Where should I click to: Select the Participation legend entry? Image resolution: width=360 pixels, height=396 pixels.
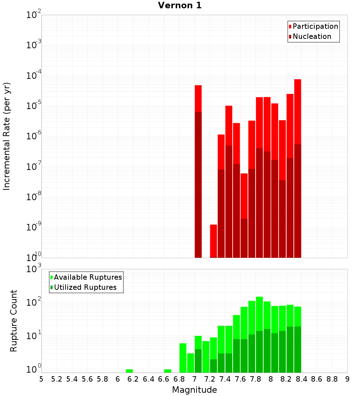(x=315, y=26)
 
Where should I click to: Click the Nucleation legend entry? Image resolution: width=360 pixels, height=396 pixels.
(x=312, y=36)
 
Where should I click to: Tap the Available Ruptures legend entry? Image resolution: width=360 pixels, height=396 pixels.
(x=88, y=277)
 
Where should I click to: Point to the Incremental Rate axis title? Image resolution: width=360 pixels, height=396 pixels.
(x=6, y=136)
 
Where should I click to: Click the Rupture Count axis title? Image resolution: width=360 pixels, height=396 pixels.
(x=14, y=321)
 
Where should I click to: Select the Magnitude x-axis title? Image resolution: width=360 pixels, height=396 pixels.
(x=194, y=390)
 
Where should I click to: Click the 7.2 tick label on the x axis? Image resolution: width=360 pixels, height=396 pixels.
(x=210, y=379)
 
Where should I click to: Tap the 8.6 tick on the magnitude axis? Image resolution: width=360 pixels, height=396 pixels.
(x=317, y=379)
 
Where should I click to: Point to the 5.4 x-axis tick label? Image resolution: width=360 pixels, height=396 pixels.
(x=72, y=379)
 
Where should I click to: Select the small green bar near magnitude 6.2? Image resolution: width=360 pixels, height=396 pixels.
(x=129, y=371)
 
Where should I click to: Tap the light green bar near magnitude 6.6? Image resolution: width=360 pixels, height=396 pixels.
(x=167, y=371)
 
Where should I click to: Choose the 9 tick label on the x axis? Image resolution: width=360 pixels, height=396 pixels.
(x=347, y=379)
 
